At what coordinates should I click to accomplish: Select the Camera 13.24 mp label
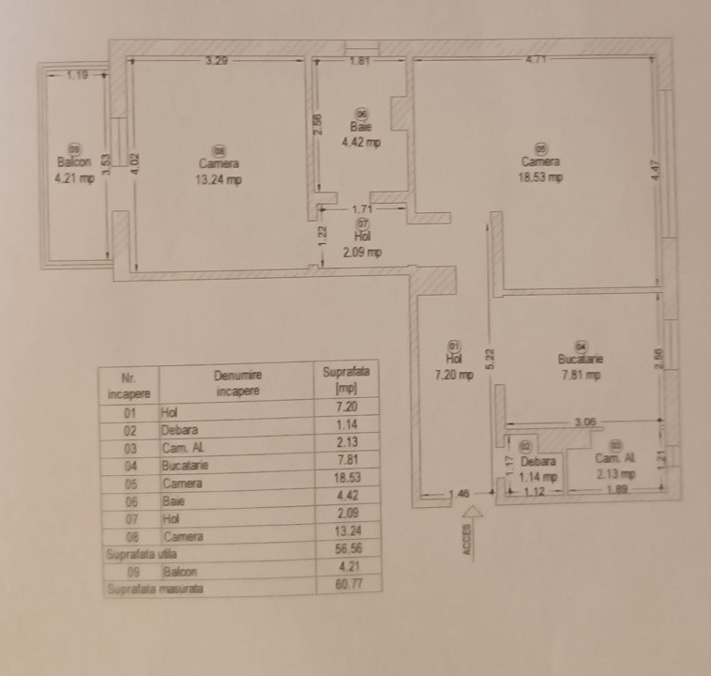[219, 172]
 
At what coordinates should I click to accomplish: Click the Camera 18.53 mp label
[541, 169]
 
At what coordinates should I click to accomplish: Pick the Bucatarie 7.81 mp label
[581, 366]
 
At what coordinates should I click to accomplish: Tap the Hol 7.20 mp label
[454, 366]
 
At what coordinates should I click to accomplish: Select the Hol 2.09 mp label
[362, 243]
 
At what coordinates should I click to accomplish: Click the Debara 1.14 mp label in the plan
[538, 468]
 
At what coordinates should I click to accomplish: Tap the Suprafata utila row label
[136, 554]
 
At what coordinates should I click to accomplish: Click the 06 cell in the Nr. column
[130, 500]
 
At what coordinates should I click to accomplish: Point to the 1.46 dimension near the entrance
[459, 492]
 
